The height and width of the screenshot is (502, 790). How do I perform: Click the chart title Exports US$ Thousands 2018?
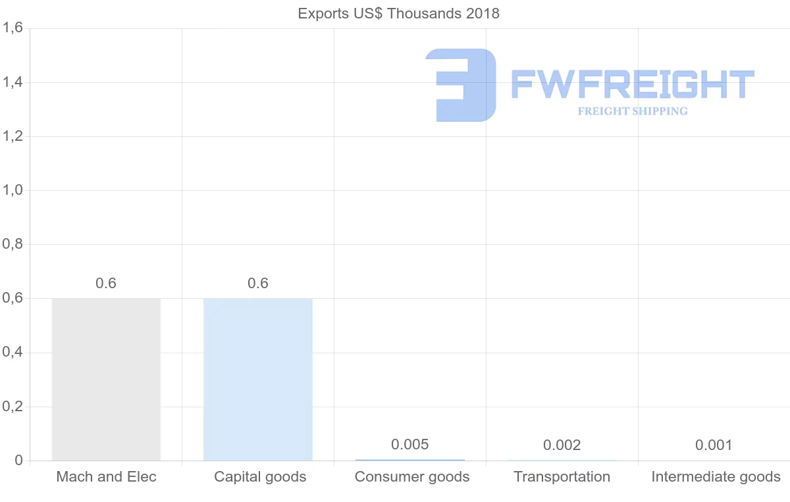(398, 13)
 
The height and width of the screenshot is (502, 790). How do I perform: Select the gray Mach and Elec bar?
(106, 379)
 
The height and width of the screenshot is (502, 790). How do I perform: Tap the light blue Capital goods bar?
(258, 379)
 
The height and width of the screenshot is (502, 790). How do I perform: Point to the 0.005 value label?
(409, 445)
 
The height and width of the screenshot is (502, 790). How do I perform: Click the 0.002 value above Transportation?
(562, 445)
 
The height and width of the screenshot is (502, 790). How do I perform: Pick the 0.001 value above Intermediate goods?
(714, 445)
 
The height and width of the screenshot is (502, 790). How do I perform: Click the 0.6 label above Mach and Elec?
(106, 284)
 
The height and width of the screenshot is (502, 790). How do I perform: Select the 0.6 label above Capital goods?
(258, 284)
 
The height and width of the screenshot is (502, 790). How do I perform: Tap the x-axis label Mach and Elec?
(107, 477)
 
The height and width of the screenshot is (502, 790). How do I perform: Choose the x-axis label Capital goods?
(260, 477)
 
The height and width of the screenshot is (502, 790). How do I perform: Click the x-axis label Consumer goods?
(412, 477)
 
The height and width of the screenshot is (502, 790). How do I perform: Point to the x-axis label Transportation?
(562, 477)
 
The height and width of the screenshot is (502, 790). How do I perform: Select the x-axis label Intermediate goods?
(716, 477)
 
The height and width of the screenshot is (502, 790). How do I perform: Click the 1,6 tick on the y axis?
(13, 28)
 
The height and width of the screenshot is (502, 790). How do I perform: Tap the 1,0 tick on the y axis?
(13, 190)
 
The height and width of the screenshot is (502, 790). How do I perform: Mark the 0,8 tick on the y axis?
(13, 244)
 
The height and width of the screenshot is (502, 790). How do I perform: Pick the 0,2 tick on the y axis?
(13, 407)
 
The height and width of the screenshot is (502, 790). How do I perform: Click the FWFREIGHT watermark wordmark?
(632, 84)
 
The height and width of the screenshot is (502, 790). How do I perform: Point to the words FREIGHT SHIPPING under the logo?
(633, 111)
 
